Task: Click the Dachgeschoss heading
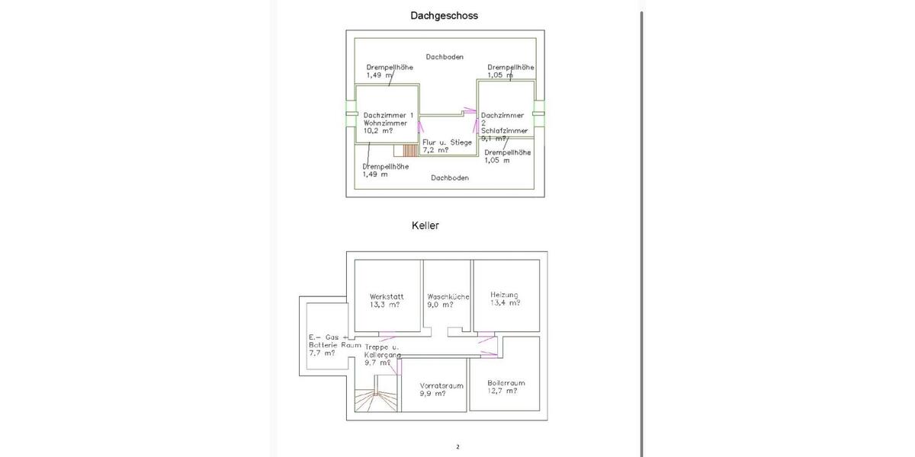(444, 15)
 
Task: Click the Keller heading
(425, 225)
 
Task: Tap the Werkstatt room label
(387, 296)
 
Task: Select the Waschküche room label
(448, 296)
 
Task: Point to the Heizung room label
(504, 294)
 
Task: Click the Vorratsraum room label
(442, 385)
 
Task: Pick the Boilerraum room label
(506, 382)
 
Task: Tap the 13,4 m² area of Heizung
(506, 302)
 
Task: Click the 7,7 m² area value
(321, 353)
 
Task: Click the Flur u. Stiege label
(448, 142)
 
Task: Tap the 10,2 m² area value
(378, 130)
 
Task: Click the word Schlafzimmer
(505, 130)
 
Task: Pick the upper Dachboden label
(445, 56)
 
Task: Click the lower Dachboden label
(450, 177)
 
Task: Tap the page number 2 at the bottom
(457, 447)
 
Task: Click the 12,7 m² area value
(502, 391)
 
